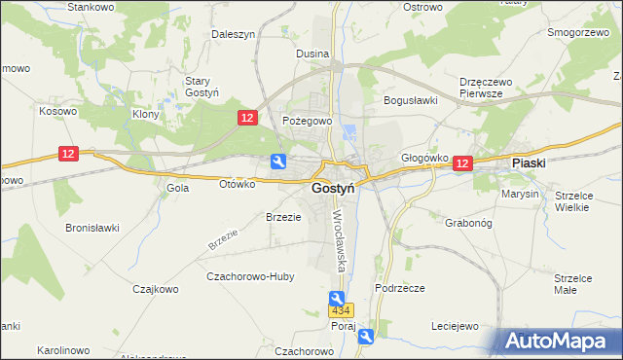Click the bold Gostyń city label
[332, 189]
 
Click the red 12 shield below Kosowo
[67, 154]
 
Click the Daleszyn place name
[234, 34]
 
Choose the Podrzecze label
[399, 288]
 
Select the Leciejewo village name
[455, 327]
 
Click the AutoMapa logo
[556, 342]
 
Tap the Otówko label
[237, 183]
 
